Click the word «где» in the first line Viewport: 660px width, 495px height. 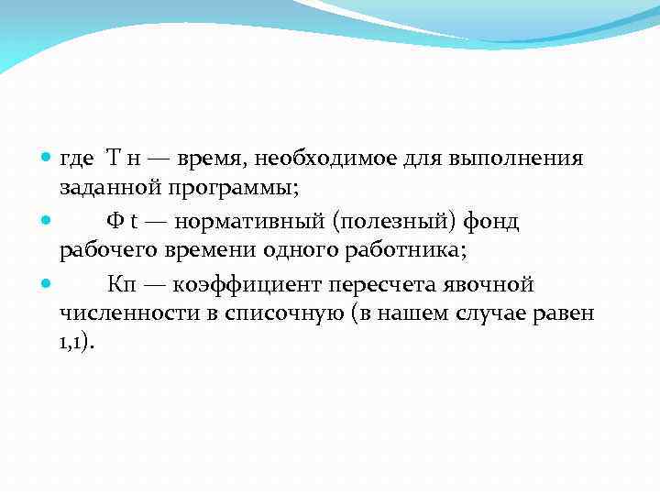click(77, 159)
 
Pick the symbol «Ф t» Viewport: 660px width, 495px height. click(121, 221)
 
